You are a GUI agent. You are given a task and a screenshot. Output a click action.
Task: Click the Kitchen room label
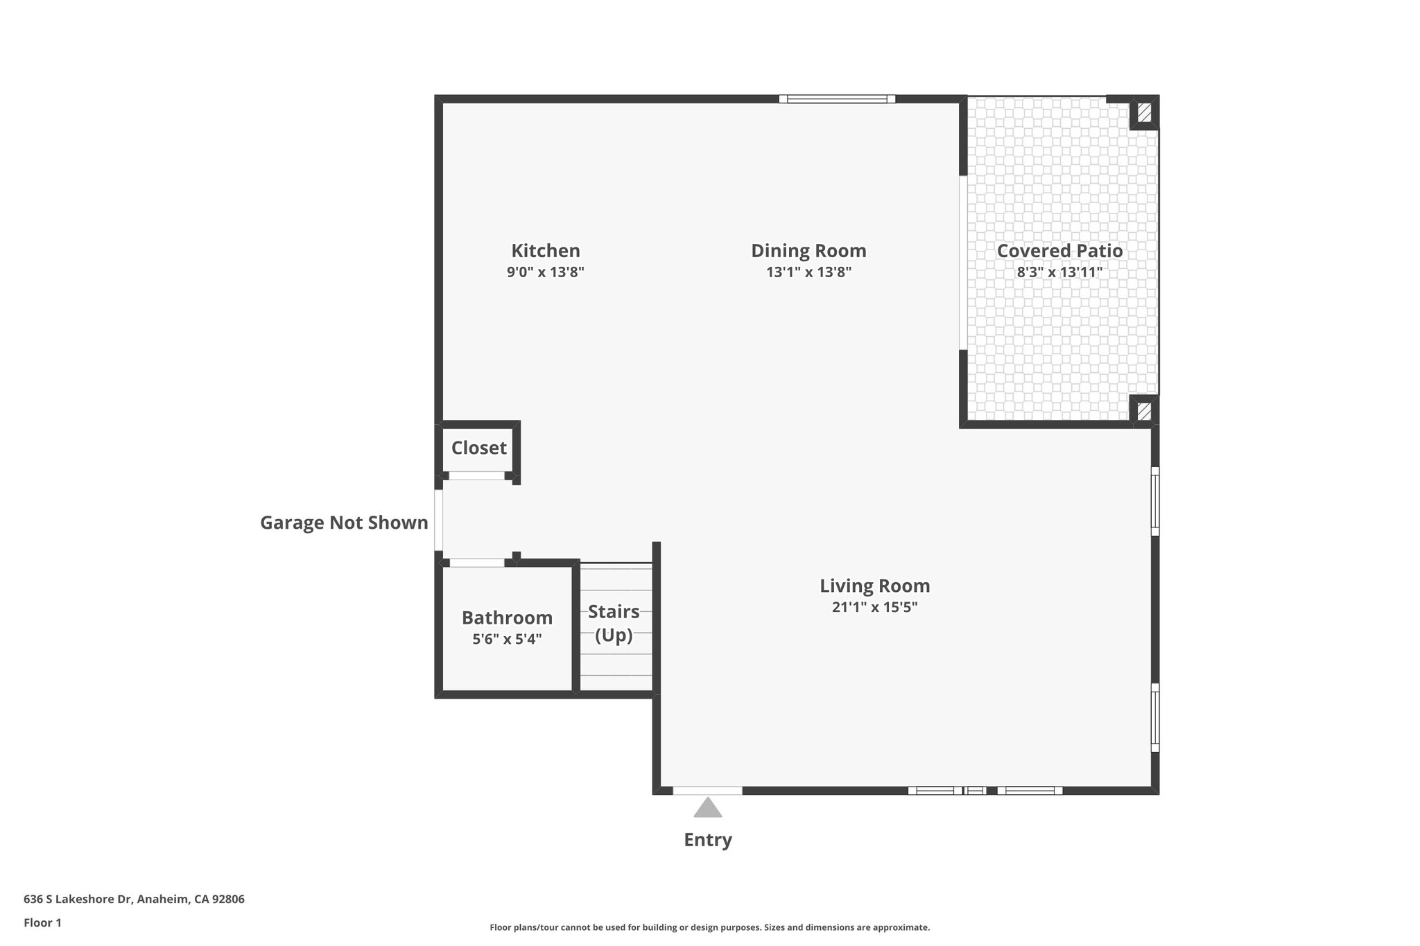coord(545,250)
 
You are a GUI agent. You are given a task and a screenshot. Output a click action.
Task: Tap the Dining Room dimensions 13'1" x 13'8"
coord(808,272)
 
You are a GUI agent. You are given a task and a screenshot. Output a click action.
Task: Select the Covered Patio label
coord(1059,250)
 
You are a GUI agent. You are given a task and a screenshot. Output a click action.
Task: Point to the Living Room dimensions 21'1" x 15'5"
coord(874,608)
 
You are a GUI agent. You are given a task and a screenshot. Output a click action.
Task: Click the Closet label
coord(478,448)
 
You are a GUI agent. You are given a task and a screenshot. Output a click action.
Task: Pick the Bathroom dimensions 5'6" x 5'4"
coord(507,639)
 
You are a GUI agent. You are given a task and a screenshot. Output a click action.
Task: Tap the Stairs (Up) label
coord(614,622)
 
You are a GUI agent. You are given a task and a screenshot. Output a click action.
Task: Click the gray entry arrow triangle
coord(707,808)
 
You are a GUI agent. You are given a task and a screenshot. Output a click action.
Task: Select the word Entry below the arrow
coord(707,840)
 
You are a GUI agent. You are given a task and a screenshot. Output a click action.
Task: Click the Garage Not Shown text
coord(344,523)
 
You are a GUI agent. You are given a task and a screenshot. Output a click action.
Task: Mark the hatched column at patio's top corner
coord(1144,112)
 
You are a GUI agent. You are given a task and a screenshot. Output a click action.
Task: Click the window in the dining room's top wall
coord(837,99)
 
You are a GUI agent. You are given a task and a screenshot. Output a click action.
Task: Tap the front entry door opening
coord(707,790)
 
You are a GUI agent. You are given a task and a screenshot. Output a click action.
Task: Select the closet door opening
coord(476,476)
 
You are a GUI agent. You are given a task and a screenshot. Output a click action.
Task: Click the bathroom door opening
coord(477,563)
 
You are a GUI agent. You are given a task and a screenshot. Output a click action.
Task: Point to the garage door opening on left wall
coord(438,520)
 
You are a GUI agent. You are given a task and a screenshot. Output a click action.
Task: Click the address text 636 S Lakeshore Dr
coord(134,899)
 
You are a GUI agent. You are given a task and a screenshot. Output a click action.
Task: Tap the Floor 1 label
coord(42,922)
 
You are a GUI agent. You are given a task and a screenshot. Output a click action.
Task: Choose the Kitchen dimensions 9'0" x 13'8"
coord(545,272)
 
